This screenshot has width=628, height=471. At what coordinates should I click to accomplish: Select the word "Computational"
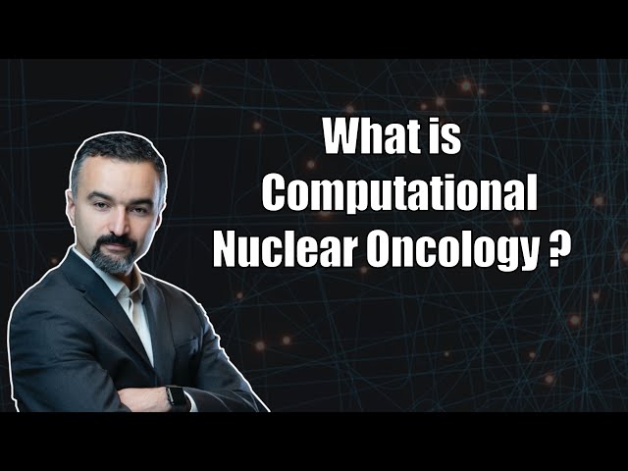click(399, 196)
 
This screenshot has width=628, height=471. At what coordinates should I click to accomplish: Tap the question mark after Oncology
click(560, 251)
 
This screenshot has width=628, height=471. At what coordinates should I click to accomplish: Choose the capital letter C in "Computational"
click(279, 195)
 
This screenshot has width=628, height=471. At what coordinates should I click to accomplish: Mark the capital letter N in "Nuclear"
click(229, 251)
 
